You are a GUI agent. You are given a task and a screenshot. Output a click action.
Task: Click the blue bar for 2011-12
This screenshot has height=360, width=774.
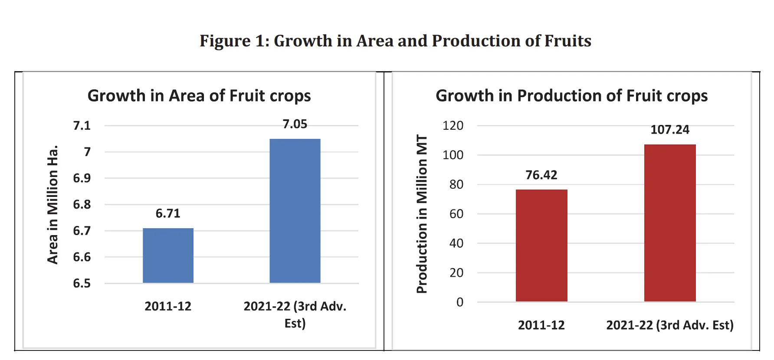168,255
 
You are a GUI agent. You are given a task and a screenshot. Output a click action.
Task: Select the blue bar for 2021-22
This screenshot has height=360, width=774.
295,211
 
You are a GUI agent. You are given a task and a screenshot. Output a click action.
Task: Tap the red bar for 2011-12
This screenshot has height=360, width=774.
541,245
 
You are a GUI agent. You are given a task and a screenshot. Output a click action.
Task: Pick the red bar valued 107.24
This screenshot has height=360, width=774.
669,223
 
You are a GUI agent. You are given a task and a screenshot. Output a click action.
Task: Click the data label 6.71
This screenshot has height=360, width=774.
168,213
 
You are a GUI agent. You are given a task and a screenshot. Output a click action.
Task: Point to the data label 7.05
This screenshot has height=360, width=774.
295,124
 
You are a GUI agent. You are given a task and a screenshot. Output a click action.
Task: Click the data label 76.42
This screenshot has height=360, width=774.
541,175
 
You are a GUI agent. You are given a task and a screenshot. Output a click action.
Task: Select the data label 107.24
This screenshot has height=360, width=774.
669,130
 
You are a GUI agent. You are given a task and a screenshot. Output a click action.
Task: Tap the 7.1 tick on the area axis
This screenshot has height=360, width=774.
82,126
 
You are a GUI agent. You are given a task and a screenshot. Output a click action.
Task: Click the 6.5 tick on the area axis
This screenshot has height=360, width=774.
82,284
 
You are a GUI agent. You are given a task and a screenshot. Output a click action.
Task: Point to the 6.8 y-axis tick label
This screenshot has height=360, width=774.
82,204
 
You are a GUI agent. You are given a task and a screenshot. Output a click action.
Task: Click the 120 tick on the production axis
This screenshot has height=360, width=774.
453,126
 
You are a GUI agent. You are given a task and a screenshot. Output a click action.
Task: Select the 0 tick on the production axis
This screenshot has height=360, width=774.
459,302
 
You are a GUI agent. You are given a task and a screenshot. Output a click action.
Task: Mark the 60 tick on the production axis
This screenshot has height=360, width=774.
456,214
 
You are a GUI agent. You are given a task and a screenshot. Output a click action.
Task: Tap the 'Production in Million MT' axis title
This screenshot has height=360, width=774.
422,214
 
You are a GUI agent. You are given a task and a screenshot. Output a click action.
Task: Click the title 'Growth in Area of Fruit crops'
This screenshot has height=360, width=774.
199,96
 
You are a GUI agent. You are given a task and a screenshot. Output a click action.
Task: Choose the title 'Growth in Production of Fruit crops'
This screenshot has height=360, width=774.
571,96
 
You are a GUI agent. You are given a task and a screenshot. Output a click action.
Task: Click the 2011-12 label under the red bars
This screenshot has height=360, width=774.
541,325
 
